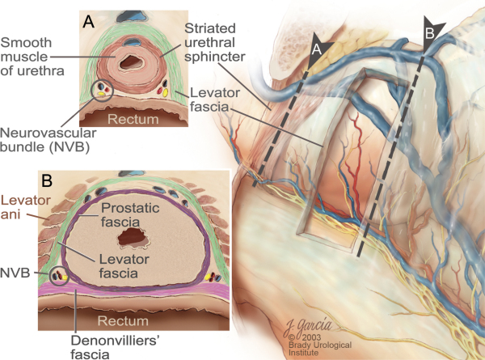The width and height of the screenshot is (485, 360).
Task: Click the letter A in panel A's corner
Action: pos(89,23)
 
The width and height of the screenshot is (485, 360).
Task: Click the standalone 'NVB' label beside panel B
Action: pos(17,274)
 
